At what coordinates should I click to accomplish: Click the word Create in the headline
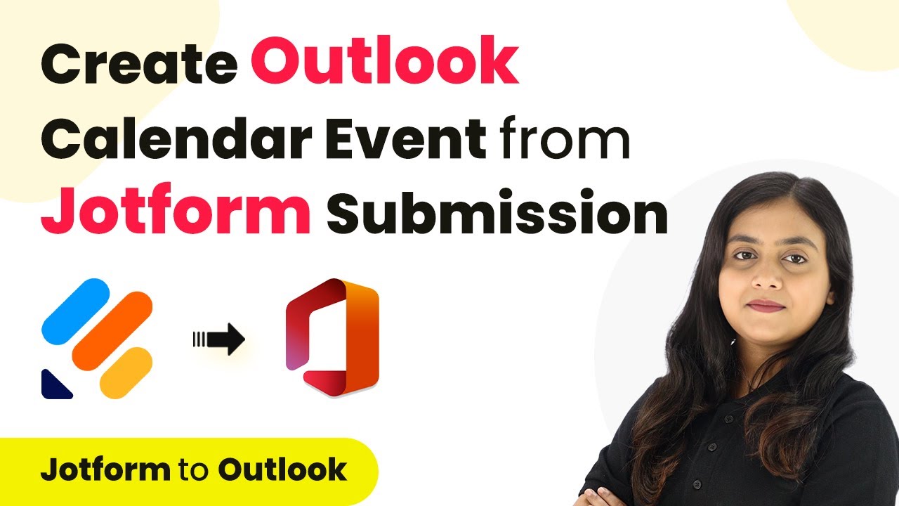click(139, 63)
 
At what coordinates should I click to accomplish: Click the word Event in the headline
click(406, 138)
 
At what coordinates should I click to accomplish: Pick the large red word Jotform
click(176, 209)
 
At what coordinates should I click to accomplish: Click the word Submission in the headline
click(497, 211)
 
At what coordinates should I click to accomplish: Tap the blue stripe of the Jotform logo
click(75, 311)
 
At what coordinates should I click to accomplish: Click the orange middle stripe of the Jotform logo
click(112, 330)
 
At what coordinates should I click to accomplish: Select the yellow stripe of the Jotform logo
click(126, 372)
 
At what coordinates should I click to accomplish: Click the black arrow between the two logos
click(219, 339)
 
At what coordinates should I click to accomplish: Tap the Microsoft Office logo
click(332, 337)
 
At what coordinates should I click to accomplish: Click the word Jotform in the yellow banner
click(105, 469)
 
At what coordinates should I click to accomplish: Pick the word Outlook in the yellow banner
click(283, 469)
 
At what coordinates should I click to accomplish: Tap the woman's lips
click(766, 306)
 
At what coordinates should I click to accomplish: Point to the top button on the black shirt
click(729, 420)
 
